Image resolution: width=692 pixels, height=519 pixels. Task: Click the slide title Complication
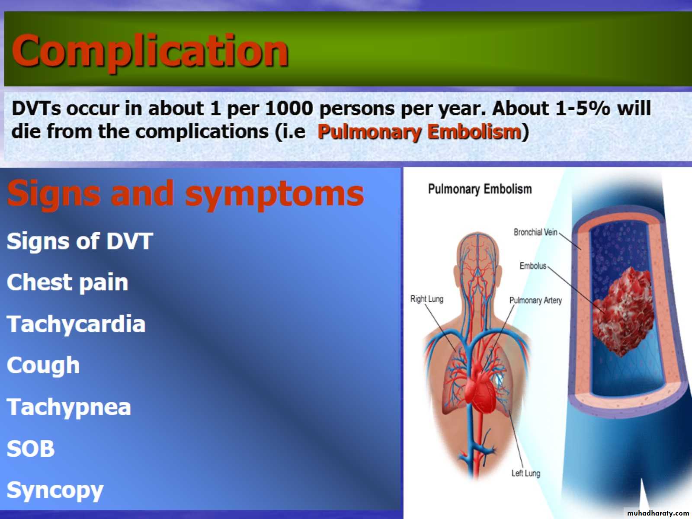[x=150, y=51]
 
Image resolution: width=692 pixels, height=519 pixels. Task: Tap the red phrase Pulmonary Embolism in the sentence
[x=419, y=132]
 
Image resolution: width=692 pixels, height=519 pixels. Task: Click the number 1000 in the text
[x=289, y=109]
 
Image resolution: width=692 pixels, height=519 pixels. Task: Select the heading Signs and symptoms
[x=186, y=194]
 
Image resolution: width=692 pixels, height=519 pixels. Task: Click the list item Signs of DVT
[x=80, y=241]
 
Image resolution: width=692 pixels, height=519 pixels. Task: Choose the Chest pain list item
[x=67, y=282]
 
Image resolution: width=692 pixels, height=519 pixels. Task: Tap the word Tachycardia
[x=76, y=324]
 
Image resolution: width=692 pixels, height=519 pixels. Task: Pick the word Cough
[x=43, y=366]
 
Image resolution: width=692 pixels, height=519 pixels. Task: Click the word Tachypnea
[x=69, y=407]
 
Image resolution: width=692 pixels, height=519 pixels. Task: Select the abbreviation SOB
[x=31, y=449]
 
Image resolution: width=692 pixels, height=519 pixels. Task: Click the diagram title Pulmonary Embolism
[x=480, y=189]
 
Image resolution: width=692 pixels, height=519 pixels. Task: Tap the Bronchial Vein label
[x=535, y=232]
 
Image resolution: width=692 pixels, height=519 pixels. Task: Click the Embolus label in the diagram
[x=533, y=266]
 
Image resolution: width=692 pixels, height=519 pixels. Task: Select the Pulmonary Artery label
[x=535, y=300]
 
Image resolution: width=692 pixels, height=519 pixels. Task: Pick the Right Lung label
[x=427, y=299]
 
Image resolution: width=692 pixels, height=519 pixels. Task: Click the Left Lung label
[x=526, y=473]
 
